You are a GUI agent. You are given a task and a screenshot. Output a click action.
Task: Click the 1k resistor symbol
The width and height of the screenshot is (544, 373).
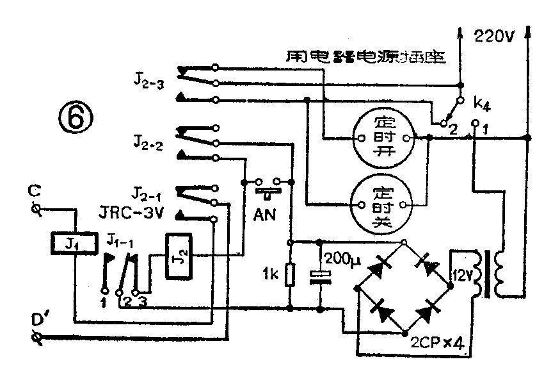(291, 276)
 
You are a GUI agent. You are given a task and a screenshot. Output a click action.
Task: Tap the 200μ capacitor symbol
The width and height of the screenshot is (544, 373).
(319, 276)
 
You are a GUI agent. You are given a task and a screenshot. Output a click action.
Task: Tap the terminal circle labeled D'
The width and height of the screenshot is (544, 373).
(36, 336)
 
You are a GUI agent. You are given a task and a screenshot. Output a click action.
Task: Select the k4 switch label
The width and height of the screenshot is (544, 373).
(480, 103)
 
